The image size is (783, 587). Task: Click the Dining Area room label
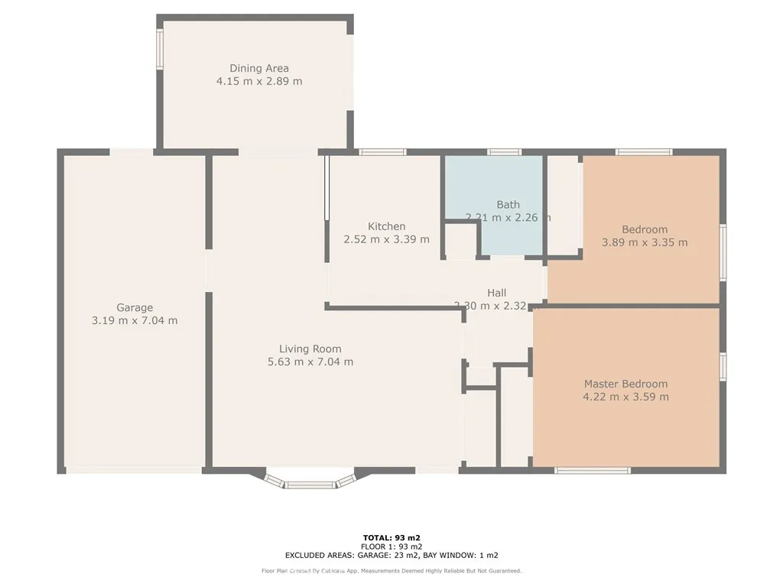(x=259, y=68)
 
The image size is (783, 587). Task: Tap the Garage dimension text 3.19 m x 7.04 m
(x=135, y=321)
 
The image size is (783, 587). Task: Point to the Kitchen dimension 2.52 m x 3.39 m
(x=386, y=239)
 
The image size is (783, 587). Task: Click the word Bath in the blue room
(x=508, y=204)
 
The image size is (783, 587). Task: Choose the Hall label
(x=497, y=293)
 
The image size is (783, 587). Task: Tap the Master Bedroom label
(x=625, y=384)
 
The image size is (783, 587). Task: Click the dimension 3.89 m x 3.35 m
(x=645, y=243)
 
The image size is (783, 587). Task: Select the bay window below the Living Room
(x=310, y=482)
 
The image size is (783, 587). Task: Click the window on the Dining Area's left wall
(x=160, y=50)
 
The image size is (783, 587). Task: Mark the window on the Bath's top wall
(x=505, y=152)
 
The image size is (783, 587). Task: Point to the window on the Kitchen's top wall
(x=382, y=152)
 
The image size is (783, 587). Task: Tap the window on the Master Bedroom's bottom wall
(x=592, y=470)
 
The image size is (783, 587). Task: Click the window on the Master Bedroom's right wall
(x=723, y=366)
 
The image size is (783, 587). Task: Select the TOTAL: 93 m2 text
(x=391, y=537)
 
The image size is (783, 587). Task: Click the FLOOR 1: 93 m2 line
(x=391, y=546)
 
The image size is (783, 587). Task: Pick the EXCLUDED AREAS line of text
(x=391, y=556)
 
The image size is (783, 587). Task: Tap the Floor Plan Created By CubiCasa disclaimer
(x=391, y=571)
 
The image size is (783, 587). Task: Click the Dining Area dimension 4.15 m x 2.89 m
(x=259, y=81)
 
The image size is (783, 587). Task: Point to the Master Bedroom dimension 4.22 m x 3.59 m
(x=625, y=397)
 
